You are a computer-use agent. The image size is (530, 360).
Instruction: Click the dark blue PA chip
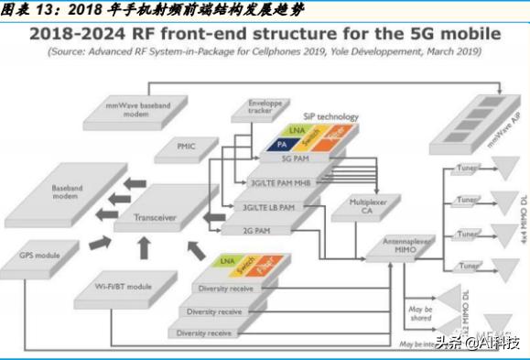(x=282, y=145)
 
